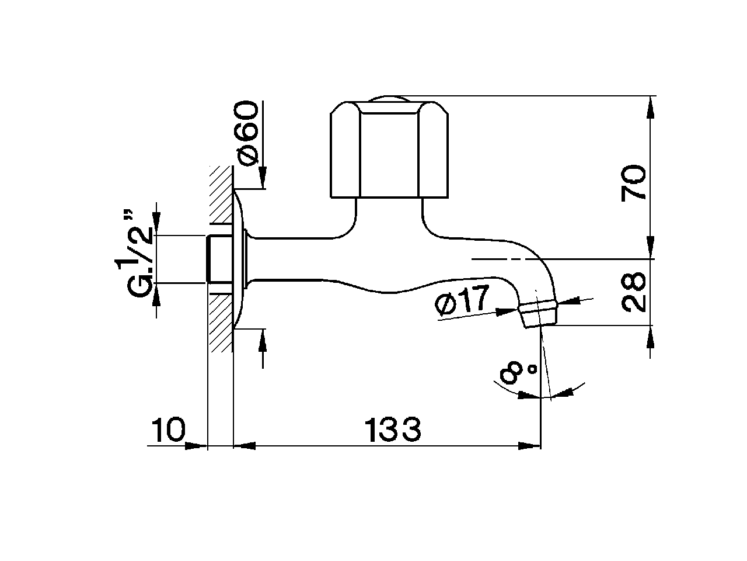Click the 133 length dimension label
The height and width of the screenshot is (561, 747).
tap(393, 431)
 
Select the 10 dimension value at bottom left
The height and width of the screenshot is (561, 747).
tap(168, 431)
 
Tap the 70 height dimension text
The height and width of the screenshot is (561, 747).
tap(634, 183)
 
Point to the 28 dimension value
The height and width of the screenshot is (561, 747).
tap(634, 292)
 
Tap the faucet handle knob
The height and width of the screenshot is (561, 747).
tap(390, 151)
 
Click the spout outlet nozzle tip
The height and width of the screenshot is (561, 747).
tap(537, 315)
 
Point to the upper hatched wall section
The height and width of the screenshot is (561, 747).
tap(221, 194)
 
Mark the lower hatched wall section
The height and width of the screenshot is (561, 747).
tap(221, 322)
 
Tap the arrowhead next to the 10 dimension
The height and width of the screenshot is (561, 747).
tap(196, 446)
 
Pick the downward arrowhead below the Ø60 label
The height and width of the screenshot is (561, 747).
tap(262, 179)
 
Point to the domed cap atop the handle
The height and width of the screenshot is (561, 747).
tap(390, 99)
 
